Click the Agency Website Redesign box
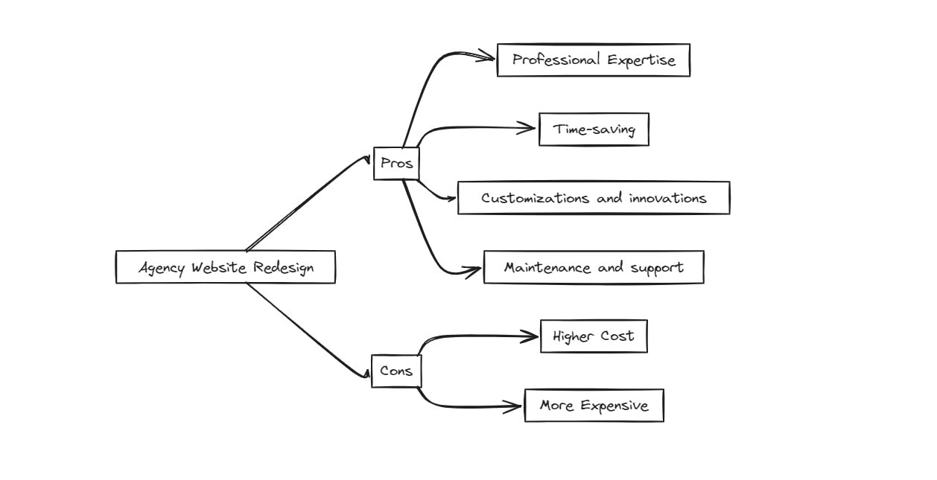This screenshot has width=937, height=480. (x=225, y=267)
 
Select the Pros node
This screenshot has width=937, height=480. (x=396, y=164)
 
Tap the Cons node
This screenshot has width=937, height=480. (x=396, y=371)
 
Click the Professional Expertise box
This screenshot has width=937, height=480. (x=593, y=60)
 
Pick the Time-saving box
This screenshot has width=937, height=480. (x=594, y=129)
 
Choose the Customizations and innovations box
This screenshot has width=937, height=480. (x=593, y=198)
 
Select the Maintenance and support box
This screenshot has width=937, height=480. (x=593, y=267)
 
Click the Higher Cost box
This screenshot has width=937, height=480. (x=594, y=336)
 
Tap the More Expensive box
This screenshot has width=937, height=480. (x=594, y=406)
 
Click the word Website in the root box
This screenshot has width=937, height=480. (x=218, y=267)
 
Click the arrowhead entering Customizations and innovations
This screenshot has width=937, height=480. (x=450, y=198)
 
